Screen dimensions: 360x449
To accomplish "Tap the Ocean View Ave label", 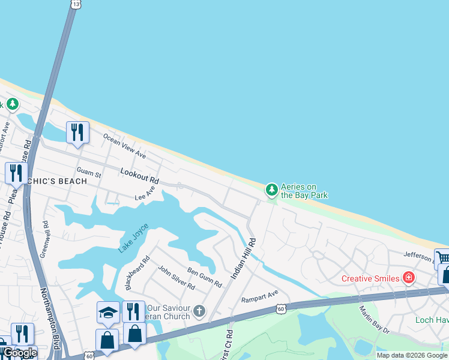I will point(125,146).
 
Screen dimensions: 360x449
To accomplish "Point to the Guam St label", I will point(89,173).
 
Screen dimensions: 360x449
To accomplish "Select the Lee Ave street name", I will point(145,193).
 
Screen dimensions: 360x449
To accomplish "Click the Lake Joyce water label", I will point(133,238).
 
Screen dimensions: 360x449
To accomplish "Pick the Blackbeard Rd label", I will point(137,274).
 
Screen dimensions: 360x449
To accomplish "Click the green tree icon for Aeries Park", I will point(272,190).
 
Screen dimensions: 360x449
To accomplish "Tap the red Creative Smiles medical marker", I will point(409,277).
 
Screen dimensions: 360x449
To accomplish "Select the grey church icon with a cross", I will point(199,311).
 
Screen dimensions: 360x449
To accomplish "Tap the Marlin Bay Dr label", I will point(375,320).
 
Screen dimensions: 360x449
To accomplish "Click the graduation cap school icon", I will point(108,311).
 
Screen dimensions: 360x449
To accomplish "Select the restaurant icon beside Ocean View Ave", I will point(77,132).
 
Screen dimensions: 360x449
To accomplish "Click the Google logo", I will point(20,353).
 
